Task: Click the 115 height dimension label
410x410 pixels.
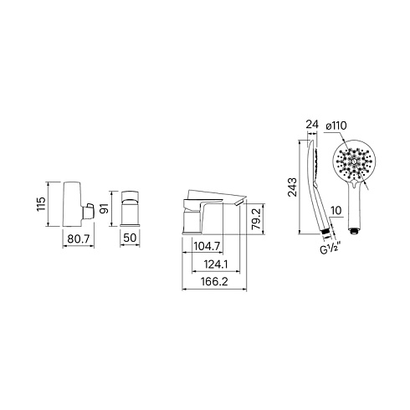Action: coord(41,204)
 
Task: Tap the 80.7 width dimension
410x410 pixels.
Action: coord(79,238)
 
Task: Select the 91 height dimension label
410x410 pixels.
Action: coord(105,208)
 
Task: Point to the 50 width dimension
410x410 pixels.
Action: coord(130,238)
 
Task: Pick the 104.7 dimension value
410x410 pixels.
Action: coord(207,246)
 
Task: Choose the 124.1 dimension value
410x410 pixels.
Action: coord(216,264)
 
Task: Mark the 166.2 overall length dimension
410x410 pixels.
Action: coord(214,282)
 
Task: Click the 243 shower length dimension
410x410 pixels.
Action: coord(293,187)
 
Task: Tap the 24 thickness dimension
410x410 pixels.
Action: coord(312,125)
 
